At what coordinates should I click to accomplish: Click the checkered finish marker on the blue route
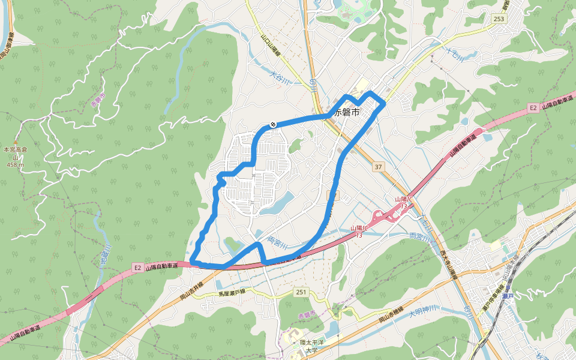pyautogui.click(x=273, y=125)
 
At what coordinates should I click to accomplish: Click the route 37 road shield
pyautogui.click(x=377, y=166)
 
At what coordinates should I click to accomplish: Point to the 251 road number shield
pyautogui.click(x=301, y=292)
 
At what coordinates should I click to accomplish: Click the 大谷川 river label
pyautogui.click(x=280, y=77)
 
